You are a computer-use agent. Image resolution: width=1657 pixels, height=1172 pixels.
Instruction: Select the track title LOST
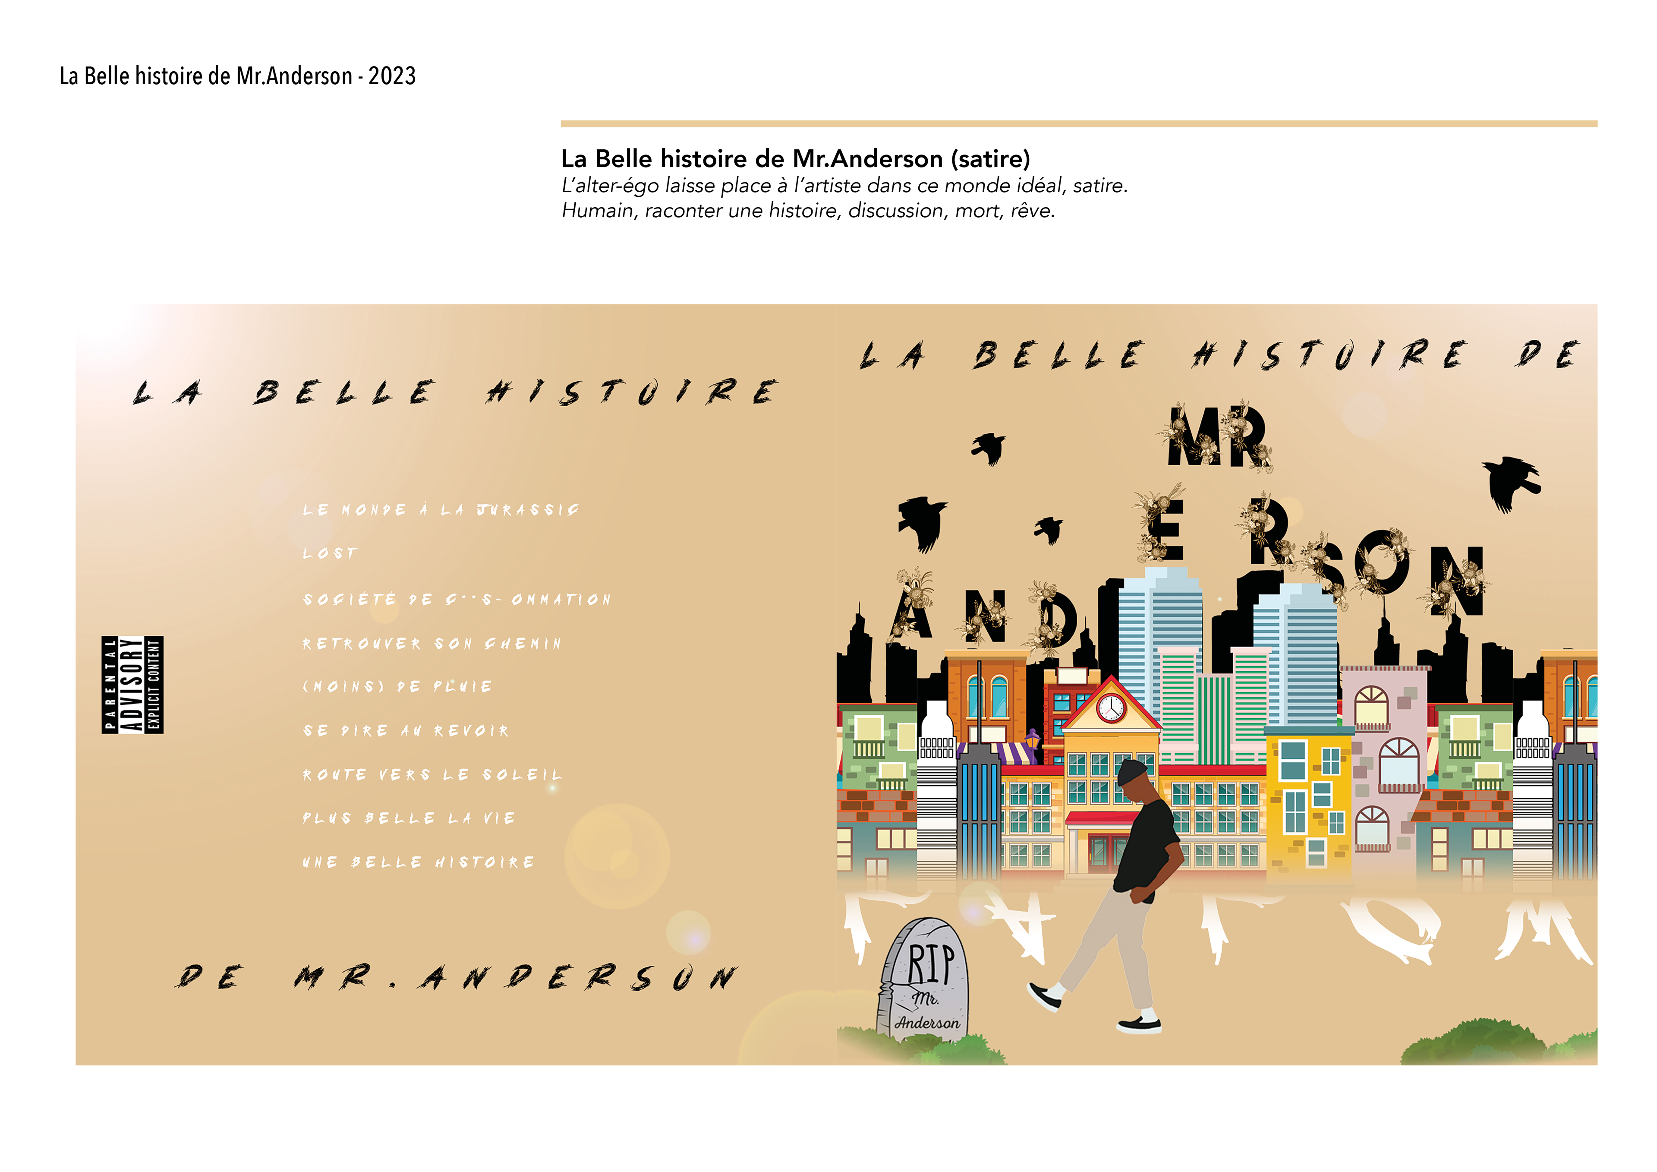330,554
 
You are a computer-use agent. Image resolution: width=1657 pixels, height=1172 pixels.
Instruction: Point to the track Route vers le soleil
432,775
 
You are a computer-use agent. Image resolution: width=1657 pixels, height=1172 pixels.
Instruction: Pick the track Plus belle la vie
409,818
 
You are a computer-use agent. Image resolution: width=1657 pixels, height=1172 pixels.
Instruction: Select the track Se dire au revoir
406,731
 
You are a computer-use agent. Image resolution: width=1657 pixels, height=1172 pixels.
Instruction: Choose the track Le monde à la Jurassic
440,510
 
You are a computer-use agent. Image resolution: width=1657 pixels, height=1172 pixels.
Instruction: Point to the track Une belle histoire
419,862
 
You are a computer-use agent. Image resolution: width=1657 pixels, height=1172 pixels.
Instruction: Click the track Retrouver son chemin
432,643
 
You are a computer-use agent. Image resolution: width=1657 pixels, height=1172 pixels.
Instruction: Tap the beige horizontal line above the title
1078,123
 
